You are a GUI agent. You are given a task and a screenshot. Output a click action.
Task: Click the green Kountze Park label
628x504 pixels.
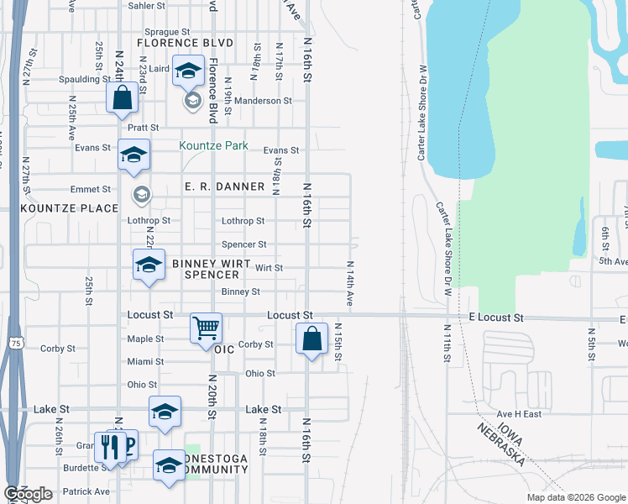click(x=213, y=145)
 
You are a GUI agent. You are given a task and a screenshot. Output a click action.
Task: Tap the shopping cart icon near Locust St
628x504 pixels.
click(x=206, y=328)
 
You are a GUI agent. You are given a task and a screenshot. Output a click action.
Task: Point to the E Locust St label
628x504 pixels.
click(x=495, y=318)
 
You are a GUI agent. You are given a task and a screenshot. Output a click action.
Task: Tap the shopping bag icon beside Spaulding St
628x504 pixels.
click(x=123, y=97)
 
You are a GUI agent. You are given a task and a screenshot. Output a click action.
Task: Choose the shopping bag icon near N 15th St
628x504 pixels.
click(x=311, y=339)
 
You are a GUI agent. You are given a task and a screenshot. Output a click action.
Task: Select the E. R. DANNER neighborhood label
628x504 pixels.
click(x=224, y=186)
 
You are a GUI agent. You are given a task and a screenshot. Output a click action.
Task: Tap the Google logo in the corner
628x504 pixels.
click(x=29, y=494)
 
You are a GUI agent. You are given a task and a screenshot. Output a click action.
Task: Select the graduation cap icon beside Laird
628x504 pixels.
click(x=189, y=71)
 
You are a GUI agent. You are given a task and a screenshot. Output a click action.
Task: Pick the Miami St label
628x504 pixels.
click(x=145, y=361)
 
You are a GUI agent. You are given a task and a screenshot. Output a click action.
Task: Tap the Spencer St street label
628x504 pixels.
click(x=243, y=244)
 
